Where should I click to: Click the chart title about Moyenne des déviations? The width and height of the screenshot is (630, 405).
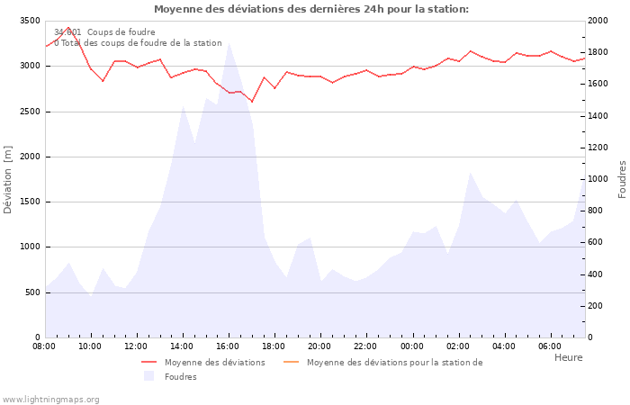click(x=310, y=9)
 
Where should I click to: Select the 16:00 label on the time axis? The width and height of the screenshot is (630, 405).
click(x=228, y=346)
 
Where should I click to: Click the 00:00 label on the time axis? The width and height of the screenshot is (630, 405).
click(x=411, y=346)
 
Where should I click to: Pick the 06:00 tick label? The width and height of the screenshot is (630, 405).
click(x=549, y=346)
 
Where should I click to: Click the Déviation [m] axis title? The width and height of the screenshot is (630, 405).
click(x=9, y=179)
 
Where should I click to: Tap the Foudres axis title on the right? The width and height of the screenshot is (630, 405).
click(x=622, y=179)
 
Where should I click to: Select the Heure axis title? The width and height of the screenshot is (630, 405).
click(x=568, y=357)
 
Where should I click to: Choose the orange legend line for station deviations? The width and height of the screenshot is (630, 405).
click(x=291, y=363)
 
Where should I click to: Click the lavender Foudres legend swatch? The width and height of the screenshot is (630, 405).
click(x=149, y=376)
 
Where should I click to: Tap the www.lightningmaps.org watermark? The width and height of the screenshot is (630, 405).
click(x=51, y=399)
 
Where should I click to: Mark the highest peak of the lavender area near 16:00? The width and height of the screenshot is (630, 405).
click(x=229, y=42)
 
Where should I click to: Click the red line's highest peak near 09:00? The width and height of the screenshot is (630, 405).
click(x=68, y=28)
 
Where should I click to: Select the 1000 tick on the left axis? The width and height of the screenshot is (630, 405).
click(x=28, y=247)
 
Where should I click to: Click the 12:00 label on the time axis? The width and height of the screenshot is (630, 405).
click(x=136, y=346)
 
